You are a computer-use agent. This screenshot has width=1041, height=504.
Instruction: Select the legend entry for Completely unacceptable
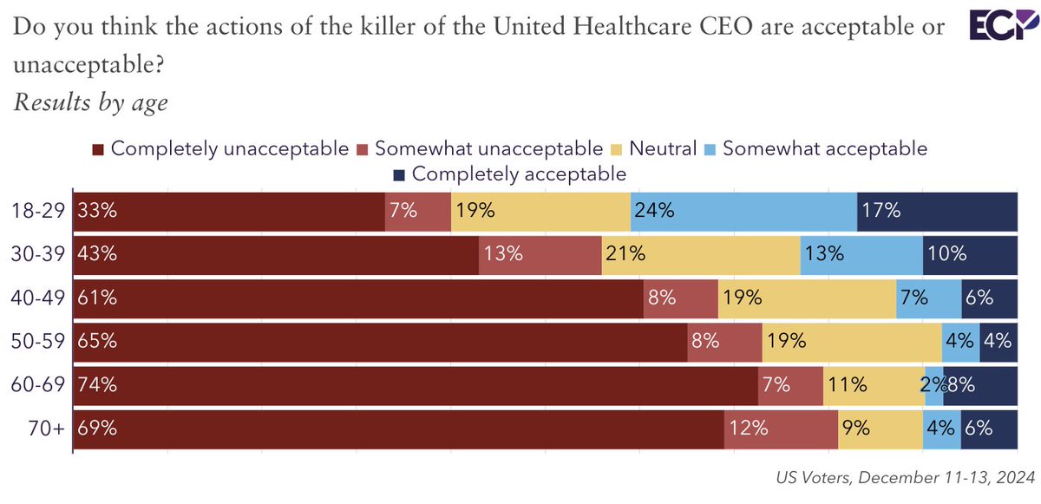point(221,148)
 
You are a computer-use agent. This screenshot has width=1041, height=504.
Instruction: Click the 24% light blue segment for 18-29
point(743,211)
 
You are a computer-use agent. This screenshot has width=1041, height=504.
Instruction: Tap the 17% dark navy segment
point(937,211)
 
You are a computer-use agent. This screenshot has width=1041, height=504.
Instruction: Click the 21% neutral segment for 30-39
point(701,254)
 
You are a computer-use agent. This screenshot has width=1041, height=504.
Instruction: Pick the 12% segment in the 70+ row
point(781,429)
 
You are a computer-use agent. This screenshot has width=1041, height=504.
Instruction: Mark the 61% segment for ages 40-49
point(357,298)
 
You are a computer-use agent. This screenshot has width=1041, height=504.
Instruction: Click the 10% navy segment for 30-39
point(970,254)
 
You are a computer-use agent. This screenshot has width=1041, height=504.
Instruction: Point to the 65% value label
point(96,341)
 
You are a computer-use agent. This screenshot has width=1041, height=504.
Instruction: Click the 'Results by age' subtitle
point(91,102)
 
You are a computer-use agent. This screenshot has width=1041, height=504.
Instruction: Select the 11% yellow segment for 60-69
point(873,385)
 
